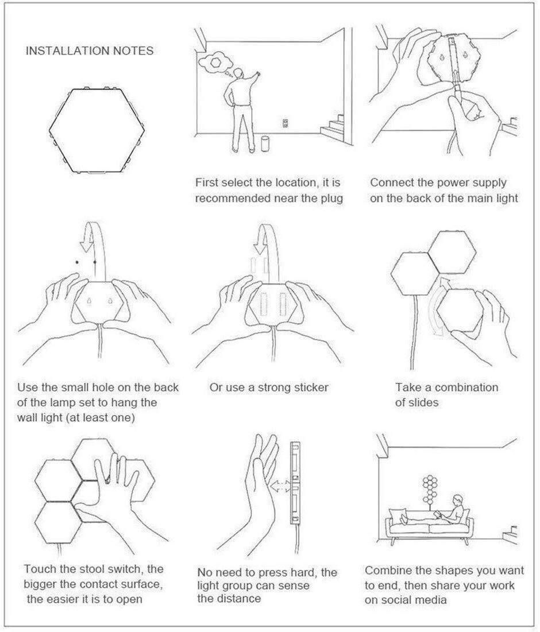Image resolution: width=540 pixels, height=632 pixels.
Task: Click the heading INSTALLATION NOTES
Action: tap(90, 51)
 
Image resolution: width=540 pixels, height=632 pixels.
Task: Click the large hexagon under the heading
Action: tap(97, 130)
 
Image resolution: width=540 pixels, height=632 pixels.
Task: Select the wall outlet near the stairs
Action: tap(286, 123)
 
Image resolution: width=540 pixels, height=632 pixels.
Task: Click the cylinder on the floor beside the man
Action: tap(265, 144)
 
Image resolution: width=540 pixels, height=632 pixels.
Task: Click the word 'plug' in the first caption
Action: tap(331, 198)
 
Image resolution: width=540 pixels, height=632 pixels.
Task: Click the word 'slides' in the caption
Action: tap(422, 402)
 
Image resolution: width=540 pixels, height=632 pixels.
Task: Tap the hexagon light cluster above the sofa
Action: tap(430, 488)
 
